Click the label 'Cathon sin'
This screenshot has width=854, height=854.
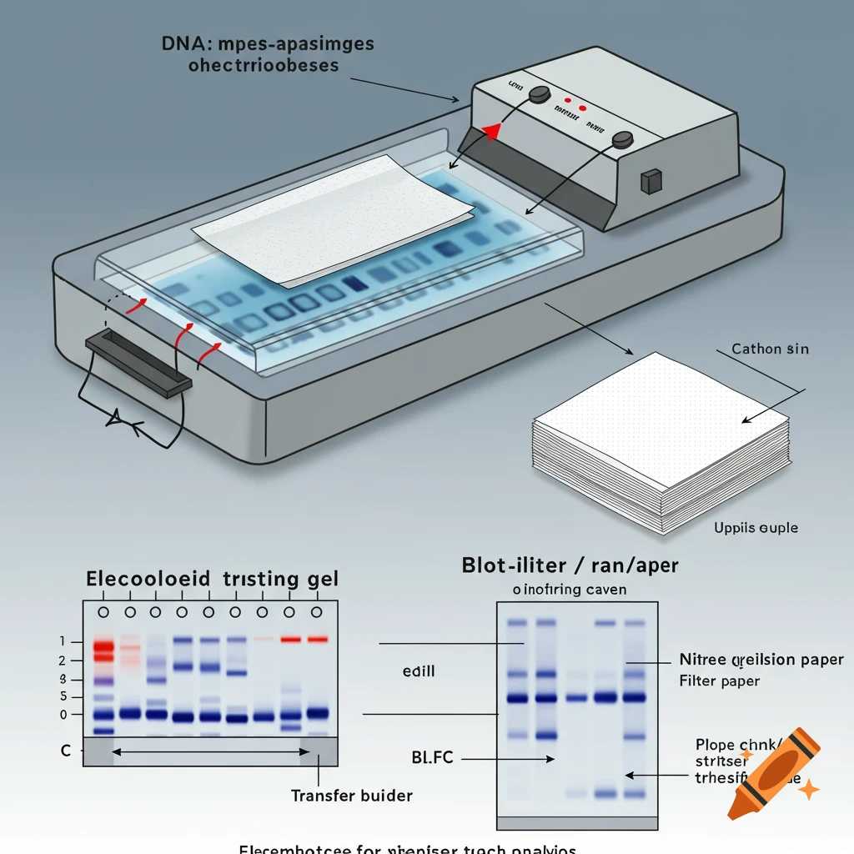[x=770, y=349]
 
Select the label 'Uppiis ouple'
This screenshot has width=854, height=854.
[x=756, y=528]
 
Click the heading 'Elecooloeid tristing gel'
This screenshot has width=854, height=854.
[x=213, y=579]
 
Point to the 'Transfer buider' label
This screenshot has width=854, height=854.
[x=351, y=796]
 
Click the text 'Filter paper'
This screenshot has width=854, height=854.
[x=719, y=681]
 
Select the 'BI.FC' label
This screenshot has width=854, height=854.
[x=431, y=759]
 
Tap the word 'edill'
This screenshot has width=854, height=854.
[x=417, y=671]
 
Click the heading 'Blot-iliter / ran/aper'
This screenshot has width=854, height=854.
[x=570, y=565]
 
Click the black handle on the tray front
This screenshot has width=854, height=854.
[x=138, y=361]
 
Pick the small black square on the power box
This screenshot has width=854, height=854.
[x=651, y=180]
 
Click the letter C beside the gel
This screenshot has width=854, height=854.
[x=65, y=751]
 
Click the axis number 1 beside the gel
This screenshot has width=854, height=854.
[x=61, y=641]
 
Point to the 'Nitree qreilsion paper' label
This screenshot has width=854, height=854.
[x=761, y=660]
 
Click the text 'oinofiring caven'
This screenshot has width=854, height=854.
[x=570, y=590]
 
